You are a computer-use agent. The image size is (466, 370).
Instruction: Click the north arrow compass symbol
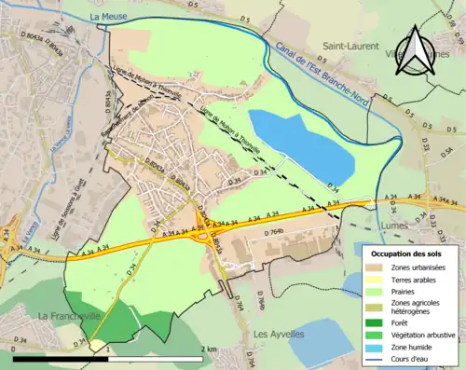(417, 48)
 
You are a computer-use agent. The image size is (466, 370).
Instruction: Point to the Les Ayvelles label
(281, 333)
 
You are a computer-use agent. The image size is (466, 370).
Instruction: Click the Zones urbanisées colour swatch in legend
(376, 268)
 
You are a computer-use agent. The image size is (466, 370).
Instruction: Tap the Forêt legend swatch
(376, 323)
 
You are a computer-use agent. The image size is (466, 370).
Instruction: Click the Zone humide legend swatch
(376, 348)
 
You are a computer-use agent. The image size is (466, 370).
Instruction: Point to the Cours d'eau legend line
(376, 360)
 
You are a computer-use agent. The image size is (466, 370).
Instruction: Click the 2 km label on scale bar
(211, 349)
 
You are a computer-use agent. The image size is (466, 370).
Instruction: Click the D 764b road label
(272, 230)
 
